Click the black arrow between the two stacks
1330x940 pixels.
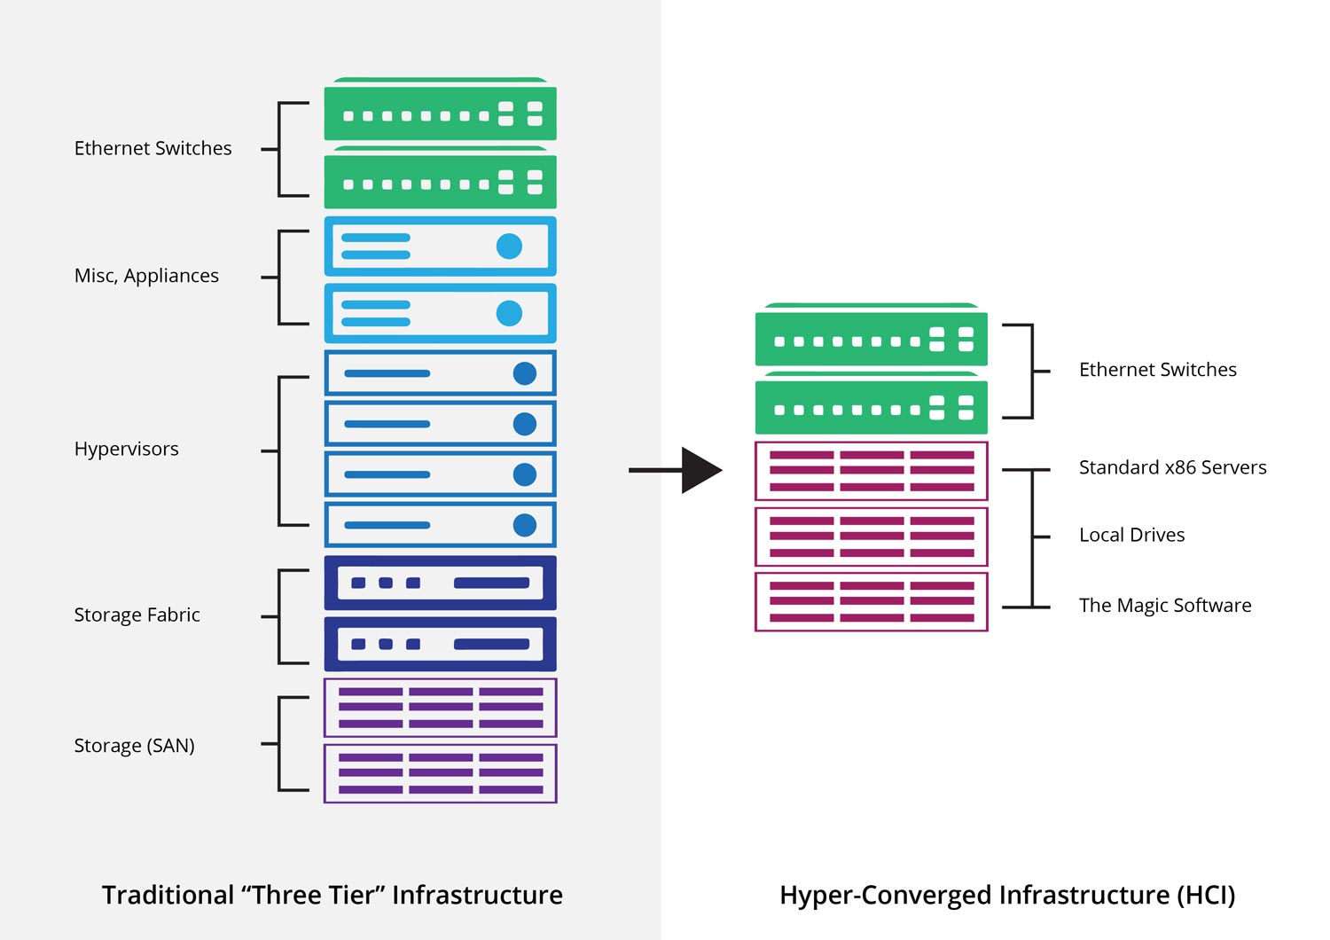point(676,470)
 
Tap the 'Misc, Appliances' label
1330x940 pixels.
point(146,276)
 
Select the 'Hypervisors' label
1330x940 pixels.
point(126,449)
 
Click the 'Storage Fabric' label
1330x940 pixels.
point(137,615)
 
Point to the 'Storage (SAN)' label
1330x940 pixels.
point(134,745)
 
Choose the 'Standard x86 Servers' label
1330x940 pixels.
point(1173,467)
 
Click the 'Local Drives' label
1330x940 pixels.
point(1131,535)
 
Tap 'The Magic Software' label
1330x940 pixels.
point(1165,605)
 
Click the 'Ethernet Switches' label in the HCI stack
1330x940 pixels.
point(1158,370)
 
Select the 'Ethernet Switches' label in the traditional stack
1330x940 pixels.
point(153,148)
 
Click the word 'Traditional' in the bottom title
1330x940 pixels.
point(168,895)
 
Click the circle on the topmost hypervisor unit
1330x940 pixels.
point(524,373)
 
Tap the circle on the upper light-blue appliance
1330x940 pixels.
point(509,247)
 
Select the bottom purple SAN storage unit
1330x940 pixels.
point(440,773)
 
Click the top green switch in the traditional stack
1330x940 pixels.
point(440,109)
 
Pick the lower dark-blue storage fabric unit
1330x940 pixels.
point(440,645)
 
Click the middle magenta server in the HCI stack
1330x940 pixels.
point(871,537)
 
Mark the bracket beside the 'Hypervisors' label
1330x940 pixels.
point(285,451)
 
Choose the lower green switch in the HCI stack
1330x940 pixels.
point(871,403)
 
